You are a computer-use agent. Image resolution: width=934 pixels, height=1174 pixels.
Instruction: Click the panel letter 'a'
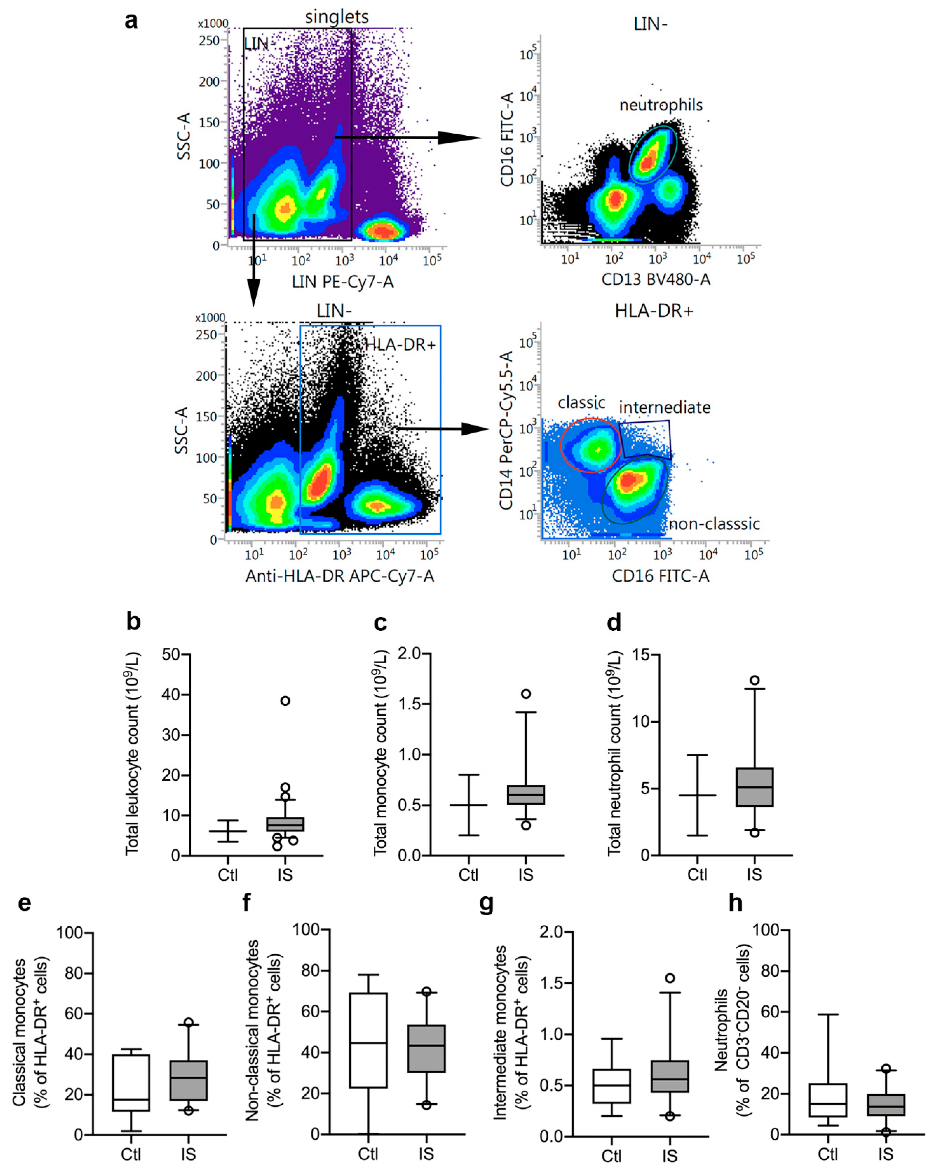(131, 21)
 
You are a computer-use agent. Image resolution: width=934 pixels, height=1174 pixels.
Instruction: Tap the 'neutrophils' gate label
(661, 105)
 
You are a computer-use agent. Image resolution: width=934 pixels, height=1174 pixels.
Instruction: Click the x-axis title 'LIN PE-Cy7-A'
(342, 282)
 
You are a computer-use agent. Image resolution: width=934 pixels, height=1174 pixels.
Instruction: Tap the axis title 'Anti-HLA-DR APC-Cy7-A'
(340, 576)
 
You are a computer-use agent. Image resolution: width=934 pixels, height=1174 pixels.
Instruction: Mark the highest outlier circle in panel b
(285, 701)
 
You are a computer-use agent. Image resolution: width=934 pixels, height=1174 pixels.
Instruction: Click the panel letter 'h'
(735, 903)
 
